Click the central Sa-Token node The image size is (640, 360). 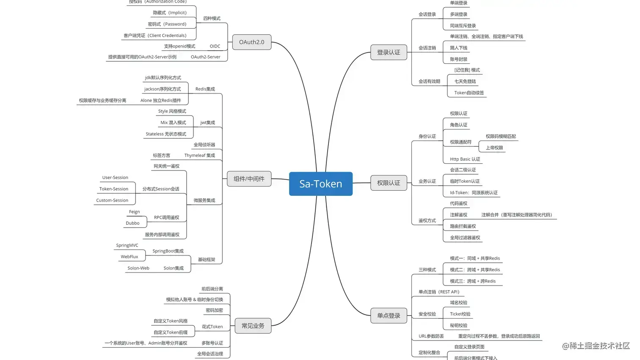click(320, 184)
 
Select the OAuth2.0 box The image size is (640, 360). click(251, 42)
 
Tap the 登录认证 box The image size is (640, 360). click(388, 52)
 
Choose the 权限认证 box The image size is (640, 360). click(388, 183)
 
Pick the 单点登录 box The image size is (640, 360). click(388, 316)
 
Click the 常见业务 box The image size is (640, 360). click(253, 326)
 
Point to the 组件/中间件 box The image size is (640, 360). click(249, 179)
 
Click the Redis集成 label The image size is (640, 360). click(205, 89)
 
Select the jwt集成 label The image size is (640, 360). click(207, 123)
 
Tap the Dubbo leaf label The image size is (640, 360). click(132, 223)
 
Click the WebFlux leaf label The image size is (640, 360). click(129, 256)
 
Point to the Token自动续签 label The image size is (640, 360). click(469, 93)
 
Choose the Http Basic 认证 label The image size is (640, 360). click(465, 159)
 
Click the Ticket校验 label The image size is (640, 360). click(460, 314)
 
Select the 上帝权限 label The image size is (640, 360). click(494, 148)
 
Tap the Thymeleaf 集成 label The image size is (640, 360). click(199, 155)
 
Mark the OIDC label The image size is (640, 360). click(215, 46)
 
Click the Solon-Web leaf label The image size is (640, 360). click(138, 268)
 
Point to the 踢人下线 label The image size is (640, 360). click(458, 48)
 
